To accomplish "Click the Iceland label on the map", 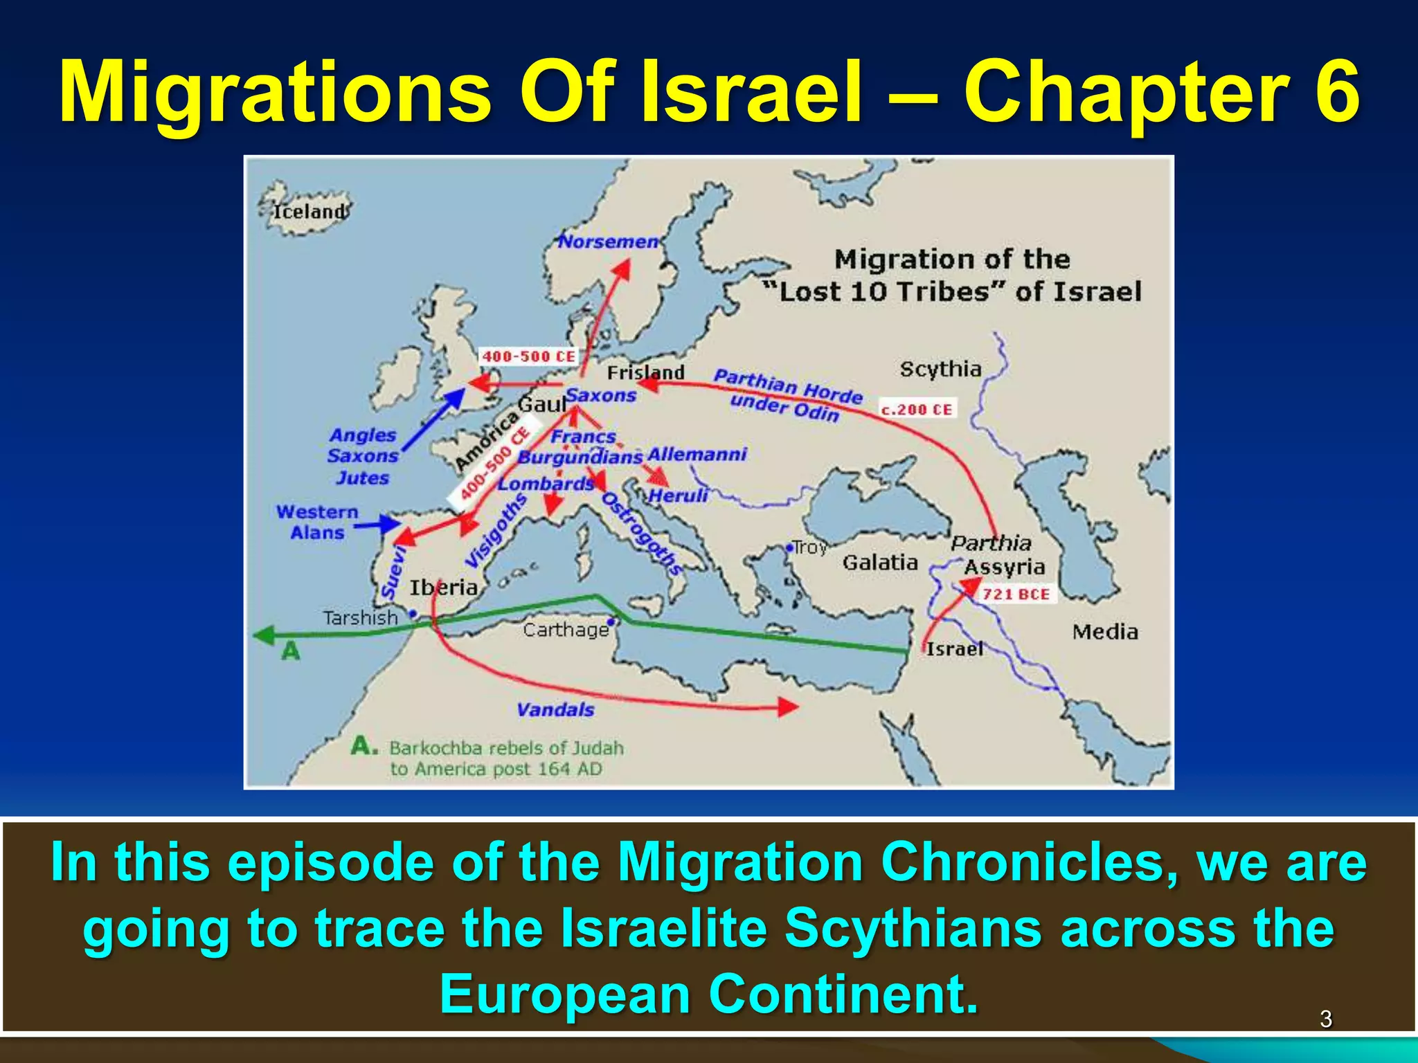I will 309,211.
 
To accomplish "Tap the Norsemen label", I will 609,242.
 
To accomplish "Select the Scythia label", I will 940,369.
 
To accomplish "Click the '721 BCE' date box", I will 1016,594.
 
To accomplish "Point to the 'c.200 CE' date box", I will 917,409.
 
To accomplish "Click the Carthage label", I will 566,630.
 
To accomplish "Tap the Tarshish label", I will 361,617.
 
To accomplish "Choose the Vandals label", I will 555,709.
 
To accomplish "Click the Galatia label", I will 880,562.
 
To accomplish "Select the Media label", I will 1105,631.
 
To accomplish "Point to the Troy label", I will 809,547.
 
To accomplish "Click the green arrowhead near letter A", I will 264,635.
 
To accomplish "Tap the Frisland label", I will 645,373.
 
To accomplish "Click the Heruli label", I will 679,496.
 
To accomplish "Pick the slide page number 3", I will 1325,1019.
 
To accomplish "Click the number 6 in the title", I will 1333,92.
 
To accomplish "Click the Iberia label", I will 444,588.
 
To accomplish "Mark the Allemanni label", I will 697,455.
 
